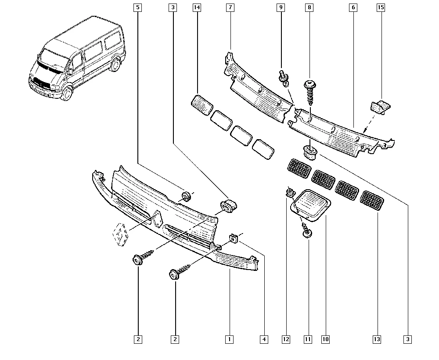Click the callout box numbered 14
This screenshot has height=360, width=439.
pos(196,7)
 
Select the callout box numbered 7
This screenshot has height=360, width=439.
pos(230,7)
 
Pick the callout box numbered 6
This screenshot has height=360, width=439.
pos(353,7)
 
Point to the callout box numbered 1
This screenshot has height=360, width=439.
pos(229,339)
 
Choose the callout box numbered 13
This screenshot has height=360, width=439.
pos(377,339)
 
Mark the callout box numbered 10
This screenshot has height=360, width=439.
pos(325,339)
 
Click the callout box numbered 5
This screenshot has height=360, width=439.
pos(138,7)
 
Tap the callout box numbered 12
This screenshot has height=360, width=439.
pos(286,339)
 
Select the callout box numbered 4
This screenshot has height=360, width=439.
pos(264,339)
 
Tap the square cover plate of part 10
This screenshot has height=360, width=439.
pos(312,203)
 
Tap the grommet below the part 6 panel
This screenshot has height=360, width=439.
pos(311,152)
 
